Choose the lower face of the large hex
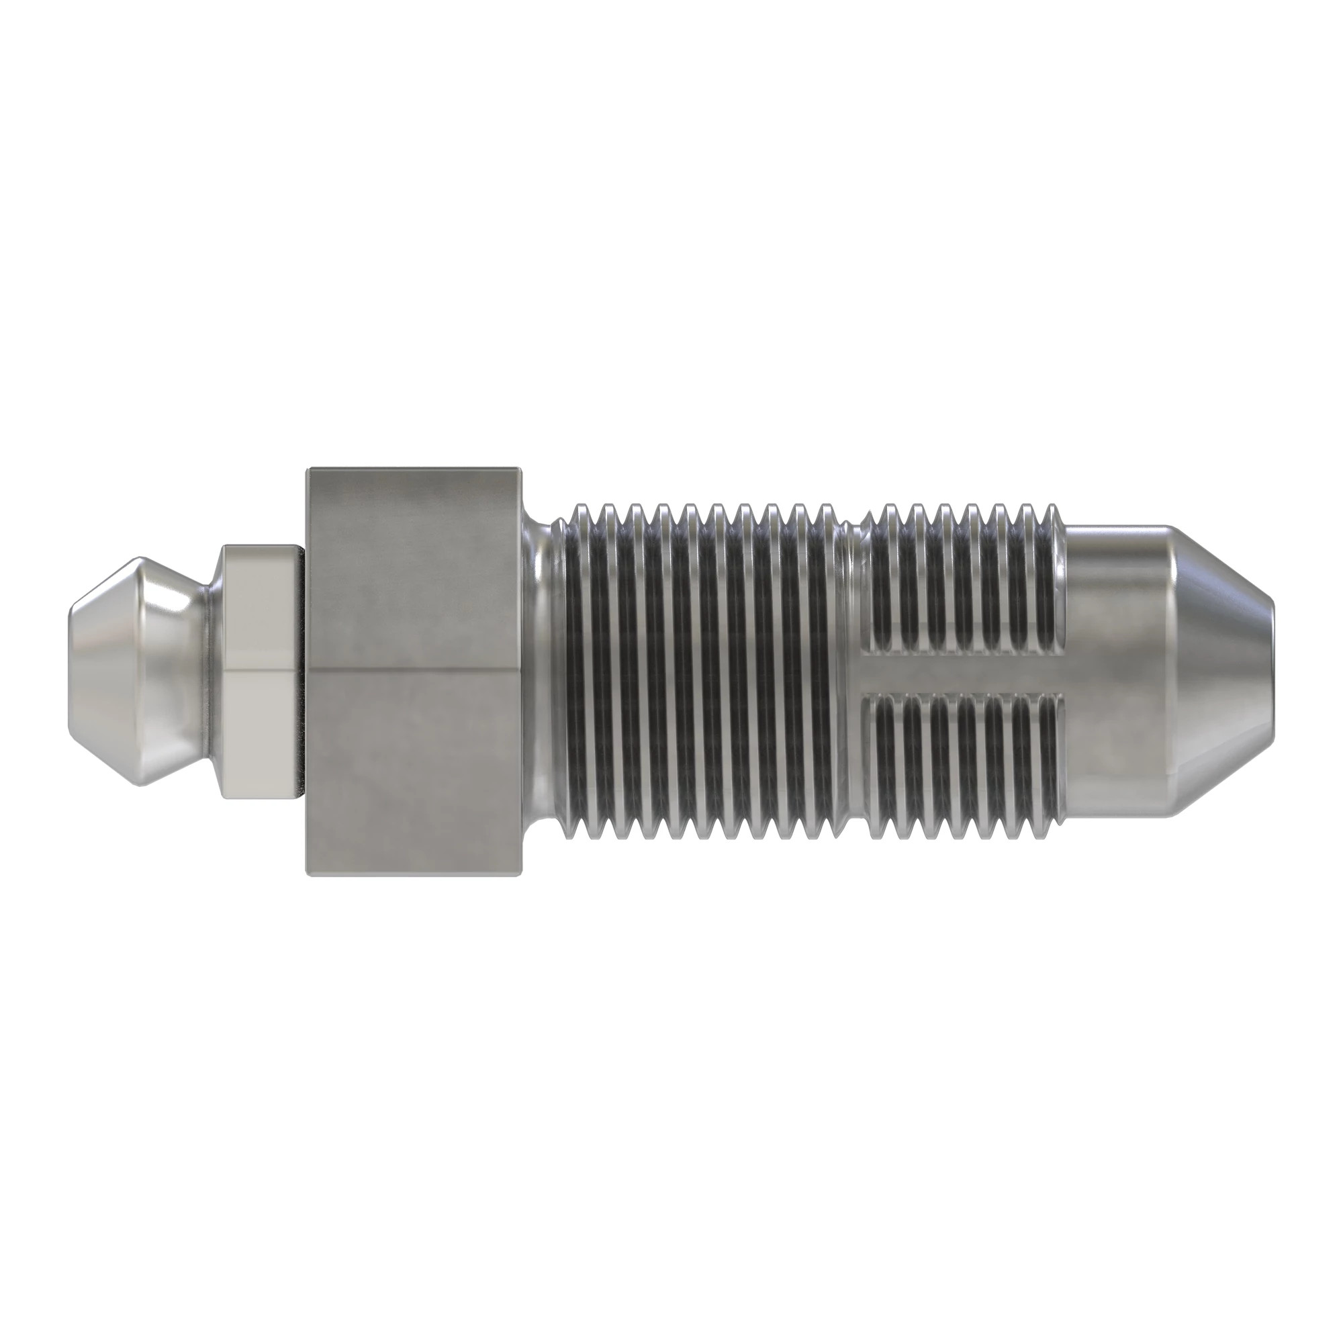pos(414,772)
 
